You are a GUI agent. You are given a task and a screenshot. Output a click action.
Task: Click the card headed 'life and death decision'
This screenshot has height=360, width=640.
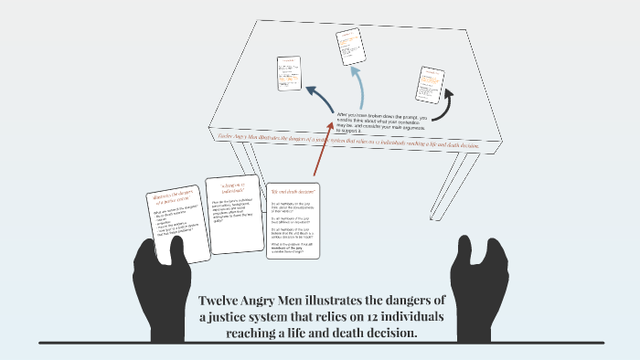tap(293, 220)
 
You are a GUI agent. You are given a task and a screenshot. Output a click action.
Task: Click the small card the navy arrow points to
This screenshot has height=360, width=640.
tap(289, 74)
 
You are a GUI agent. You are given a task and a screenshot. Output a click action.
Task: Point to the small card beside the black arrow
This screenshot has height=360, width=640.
tap(429, 83)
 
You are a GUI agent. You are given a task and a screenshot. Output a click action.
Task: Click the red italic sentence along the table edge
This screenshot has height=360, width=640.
tap(348, 141)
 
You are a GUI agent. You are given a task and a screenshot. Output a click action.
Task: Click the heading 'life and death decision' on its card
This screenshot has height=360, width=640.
tap(293, 191)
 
